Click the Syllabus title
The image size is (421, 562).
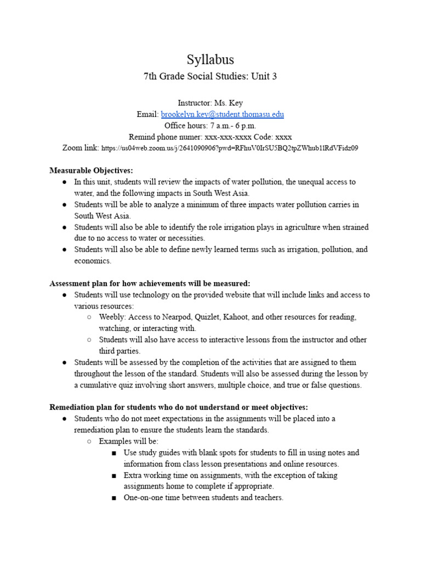coord(210,59)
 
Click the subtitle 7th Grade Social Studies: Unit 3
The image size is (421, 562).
coord(210,76)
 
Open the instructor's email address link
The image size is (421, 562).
coord(222,114)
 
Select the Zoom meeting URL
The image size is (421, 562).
coord(230,148)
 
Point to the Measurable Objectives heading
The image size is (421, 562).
coord(91,170)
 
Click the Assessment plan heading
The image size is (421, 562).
coord(150,283)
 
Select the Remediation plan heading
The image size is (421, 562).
coord(179,407)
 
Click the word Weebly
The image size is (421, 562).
coord(112,317)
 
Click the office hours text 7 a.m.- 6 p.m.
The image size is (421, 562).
coord(225,125)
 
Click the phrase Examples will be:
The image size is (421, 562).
coord(128,441)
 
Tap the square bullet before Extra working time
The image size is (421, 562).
coord(113,476)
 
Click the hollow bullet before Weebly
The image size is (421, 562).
coord(89,318)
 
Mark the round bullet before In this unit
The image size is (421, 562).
coord(65,182)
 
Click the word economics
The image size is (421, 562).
coord(93,261)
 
